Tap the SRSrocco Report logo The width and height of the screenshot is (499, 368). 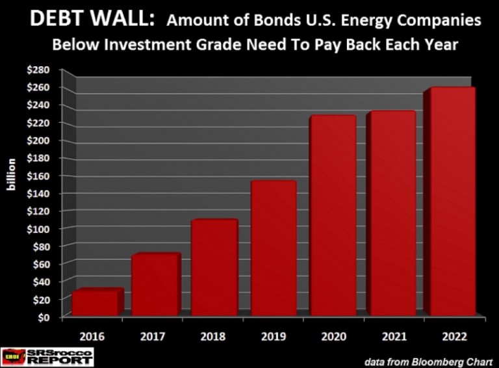(48, 356)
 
